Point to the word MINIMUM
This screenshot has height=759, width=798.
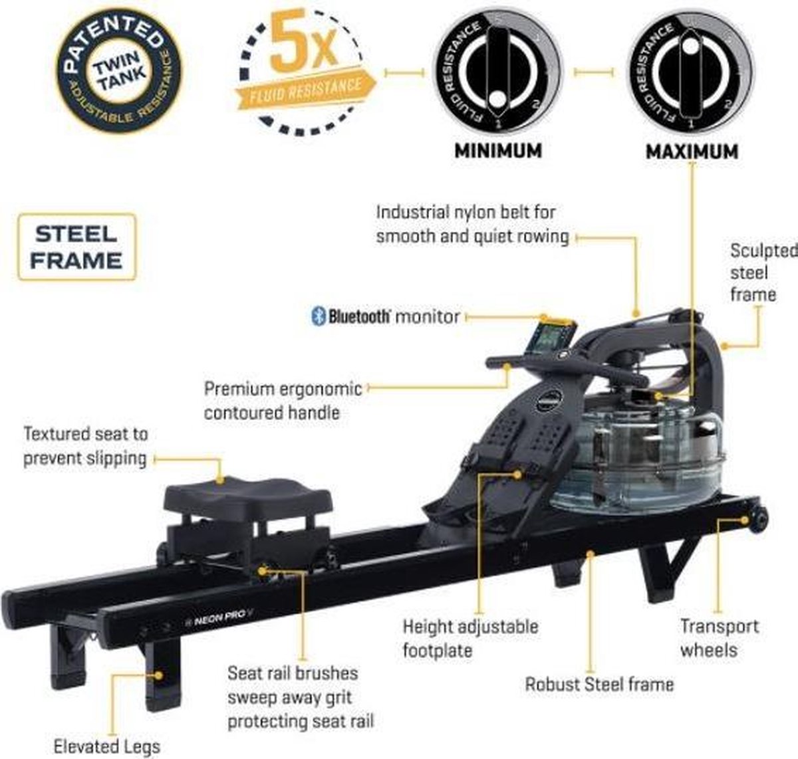(x=497, y=151)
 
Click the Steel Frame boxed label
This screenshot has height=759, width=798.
(x=76, y=247)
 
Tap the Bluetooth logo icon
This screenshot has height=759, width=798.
(x=318, y=316)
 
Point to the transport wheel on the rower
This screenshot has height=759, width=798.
(x=757, y=517)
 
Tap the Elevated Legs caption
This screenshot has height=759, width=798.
(x=106, y=746)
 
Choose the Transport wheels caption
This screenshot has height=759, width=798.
(x=718, y=637)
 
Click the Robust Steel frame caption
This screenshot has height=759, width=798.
(x=598, y=684)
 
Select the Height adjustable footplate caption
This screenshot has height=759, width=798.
(x=470, y=637)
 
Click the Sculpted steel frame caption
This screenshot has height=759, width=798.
(x=761, y=272)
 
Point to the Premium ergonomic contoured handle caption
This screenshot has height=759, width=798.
(x=283, y=400)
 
